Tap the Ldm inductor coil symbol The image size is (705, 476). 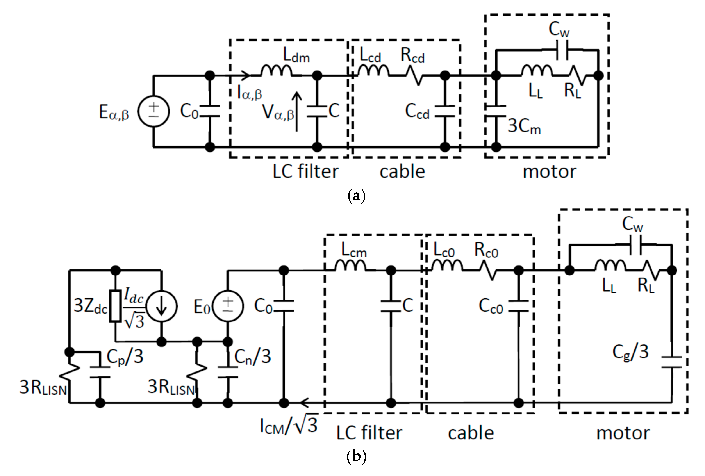pyautogui.click(x=276, y=71)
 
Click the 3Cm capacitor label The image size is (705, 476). pyautogui.click(x=524, y=126)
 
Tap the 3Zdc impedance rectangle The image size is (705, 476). pyautogui.click(x=116, y=306)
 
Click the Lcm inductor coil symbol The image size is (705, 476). pyautogui.click(x=350, y=266)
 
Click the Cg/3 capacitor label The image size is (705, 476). pyautogui.click(x=630, y=353)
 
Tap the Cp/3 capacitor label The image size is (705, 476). pyautogui.click(x=125, y=357)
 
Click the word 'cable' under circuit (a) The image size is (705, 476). pyautogui.click(x=402, y=172)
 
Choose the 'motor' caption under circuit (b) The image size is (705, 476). pyautogui.click(x=623, y=433)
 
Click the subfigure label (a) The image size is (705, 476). pyautogui.click(x=356, y=196)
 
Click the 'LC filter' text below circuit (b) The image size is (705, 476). pyautogui.click(x=369, y=433)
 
